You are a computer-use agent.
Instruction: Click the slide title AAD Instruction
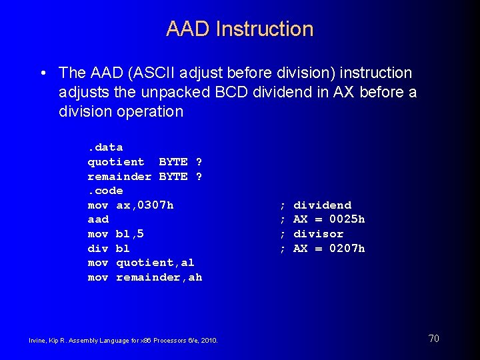point(239,29)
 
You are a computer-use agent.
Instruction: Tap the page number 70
point(433,339)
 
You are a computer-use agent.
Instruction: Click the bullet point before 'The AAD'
point(43,73)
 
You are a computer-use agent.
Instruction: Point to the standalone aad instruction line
point(98,219)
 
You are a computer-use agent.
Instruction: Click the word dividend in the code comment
point(322,205)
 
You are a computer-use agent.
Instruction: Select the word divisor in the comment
point(318,234)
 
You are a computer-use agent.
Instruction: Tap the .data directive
point(105,147)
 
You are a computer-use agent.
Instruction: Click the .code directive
point(105,191)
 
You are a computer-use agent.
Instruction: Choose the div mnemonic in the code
point(98,249)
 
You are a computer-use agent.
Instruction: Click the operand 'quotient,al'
point(155,263)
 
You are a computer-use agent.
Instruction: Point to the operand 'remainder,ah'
point(159,277)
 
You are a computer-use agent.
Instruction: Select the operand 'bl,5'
point(130,234)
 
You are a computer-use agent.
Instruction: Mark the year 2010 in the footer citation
point(208,341)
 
